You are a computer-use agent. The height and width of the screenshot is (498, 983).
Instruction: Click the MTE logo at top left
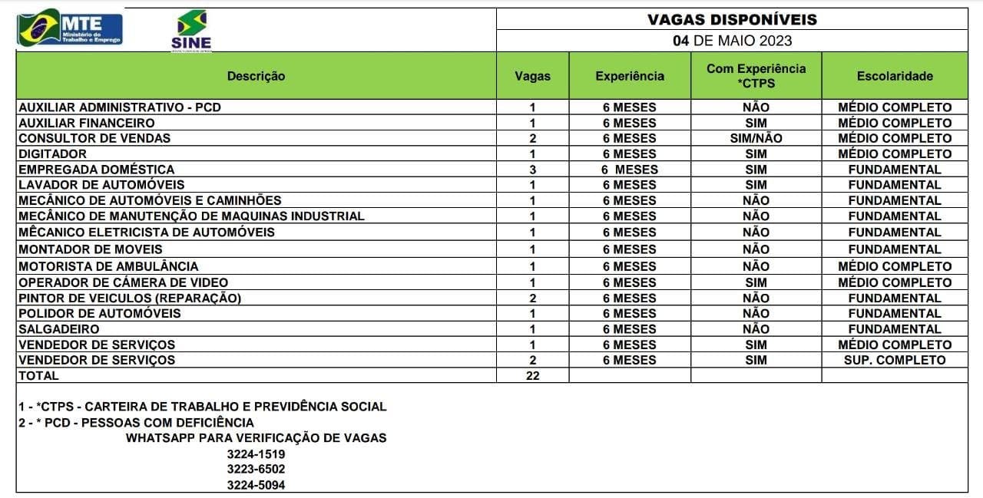tap(70, 28)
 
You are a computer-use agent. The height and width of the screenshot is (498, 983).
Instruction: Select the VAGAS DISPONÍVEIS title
tap(731, 19)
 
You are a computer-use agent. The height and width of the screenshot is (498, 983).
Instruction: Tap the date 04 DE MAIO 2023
tap(732, 41)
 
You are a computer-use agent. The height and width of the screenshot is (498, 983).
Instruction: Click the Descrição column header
tap(256, 76)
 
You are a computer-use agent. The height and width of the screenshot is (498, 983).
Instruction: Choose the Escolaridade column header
tap(895, 76)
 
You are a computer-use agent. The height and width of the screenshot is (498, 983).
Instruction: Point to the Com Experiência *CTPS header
tap(756, 76)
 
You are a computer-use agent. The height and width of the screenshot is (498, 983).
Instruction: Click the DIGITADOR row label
tap(52, 153)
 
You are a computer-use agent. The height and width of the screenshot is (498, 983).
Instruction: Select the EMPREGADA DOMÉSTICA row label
tap(96, 169)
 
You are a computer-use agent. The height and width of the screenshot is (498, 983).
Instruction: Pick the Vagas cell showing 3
tap(532, 169)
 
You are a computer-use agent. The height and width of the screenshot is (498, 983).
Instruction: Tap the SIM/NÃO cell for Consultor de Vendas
tap(756, 138)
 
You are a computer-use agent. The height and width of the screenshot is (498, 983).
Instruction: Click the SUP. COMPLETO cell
tap(895, 360)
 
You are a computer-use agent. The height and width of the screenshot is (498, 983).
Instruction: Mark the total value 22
tap(532, 376)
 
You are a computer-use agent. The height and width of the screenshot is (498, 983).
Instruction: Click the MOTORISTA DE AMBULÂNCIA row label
tap(108, 266)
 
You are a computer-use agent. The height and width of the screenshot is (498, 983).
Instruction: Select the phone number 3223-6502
tap(256, 469)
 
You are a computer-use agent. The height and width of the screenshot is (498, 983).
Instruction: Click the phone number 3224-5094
tap(256, 485)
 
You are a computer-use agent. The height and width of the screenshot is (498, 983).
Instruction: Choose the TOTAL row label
tap(38, 376)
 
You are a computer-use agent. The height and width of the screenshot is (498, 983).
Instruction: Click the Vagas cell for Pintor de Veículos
tap(532, 298)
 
